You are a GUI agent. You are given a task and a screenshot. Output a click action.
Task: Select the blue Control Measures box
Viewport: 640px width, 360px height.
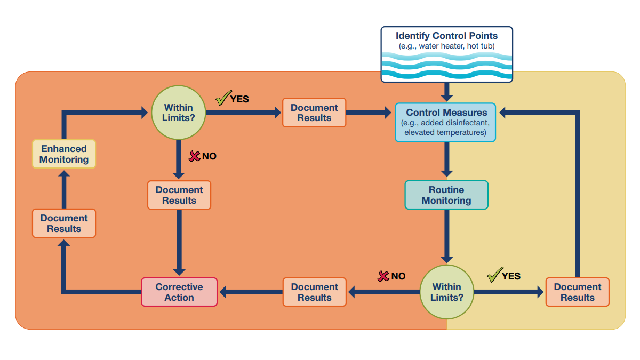coord(445,122)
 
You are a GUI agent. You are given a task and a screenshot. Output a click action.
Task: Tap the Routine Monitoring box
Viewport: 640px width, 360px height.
coord(446,195)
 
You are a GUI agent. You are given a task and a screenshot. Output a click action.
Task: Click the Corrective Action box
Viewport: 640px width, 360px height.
coord(179,292)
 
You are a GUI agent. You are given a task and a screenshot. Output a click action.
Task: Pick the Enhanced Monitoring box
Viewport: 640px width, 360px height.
coord(64,154)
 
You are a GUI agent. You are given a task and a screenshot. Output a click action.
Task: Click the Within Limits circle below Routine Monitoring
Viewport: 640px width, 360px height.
coord(446,292)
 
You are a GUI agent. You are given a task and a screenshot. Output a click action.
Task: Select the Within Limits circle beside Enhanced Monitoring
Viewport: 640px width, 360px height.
coord(179,113)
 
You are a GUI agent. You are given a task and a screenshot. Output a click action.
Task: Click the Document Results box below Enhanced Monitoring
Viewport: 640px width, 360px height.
coord(64,223)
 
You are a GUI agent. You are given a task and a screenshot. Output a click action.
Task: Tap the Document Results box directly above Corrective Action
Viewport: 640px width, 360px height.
coord(179,195)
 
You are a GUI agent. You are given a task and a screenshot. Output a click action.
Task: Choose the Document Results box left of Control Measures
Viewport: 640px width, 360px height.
coord(314,113)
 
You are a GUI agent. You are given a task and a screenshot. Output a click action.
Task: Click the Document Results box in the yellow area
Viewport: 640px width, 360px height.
coord(577,292)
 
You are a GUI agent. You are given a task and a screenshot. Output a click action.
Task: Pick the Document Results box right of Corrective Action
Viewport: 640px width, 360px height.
coord(314,292)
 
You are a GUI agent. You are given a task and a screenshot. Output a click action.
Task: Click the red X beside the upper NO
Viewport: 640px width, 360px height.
coord(195,156)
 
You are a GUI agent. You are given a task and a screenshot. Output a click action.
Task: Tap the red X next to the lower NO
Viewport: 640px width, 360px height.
coord(383,276)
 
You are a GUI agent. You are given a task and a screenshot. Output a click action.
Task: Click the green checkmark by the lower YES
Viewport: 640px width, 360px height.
coord(494,275)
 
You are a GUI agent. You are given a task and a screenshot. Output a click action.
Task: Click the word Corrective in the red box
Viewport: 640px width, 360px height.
coord(179,287)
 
